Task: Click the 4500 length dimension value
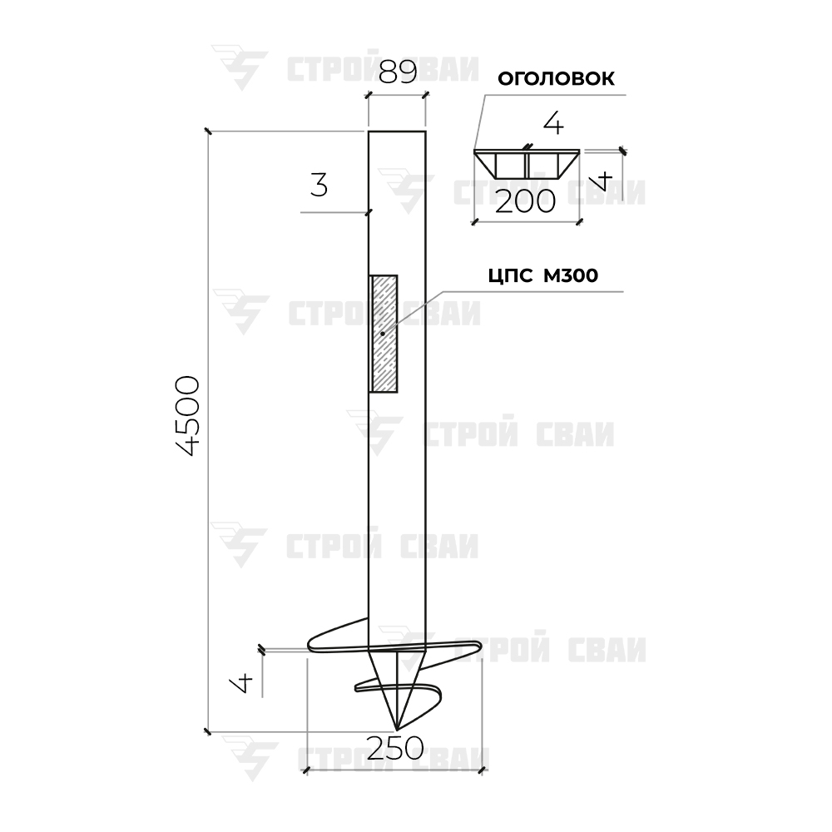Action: click(x=187, y=416)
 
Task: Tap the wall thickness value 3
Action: click(x=319, y=186)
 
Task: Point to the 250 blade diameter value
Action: click(x=394, y=748)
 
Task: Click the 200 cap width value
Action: click(x=525, y=201)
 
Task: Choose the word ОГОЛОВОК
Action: click(x=556, y=78)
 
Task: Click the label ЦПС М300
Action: click(x=542, y=275)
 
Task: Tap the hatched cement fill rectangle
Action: click(x=383, y=334)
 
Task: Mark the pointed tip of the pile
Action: click(x=396, y=729)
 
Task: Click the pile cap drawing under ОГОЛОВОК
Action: click(x=527, y=163)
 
